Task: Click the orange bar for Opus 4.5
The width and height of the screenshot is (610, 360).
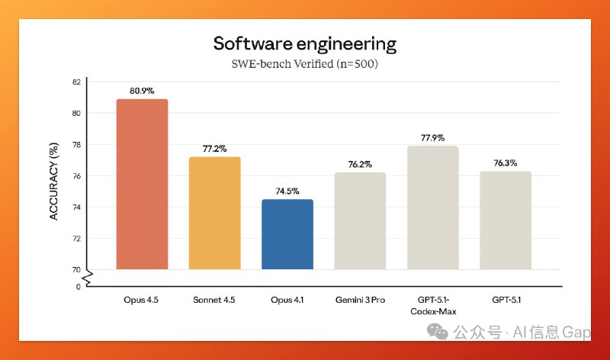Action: (x=142, y=184)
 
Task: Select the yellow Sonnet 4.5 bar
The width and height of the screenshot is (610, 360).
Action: (x=214, y=213)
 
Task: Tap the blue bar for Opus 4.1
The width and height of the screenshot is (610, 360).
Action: (x=287, y=234)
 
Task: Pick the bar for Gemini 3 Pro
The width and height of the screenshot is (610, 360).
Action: (x=360, y=220)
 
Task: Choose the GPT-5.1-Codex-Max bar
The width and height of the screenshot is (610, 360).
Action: (x=432, y=207)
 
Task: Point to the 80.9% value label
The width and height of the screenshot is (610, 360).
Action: (x=142, y=91)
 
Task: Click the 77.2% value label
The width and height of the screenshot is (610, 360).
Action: (x=214, y=149)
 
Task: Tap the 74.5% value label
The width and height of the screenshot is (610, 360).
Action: (x=287, y=191)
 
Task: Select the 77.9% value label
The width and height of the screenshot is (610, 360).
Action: (x=432, y=138)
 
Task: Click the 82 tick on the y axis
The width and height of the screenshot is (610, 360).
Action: (x=76, y=82)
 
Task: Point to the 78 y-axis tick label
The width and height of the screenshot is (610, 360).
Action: (x=76, y=144)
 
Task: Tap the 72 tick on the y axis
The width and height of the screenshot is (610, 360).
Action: (x=76, y=238)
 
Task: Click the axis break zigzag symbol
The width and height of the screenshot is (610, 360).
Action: (x=87, y=278)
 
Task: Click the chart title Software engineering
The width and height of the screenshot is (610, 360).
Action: (x=305, y=43)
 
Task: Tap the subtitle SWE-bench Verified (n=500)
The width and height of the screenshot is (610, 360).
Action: (x=305, y=64)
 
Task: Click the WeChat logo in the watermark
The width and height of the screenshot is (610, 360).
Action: (x=438, y=331)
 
